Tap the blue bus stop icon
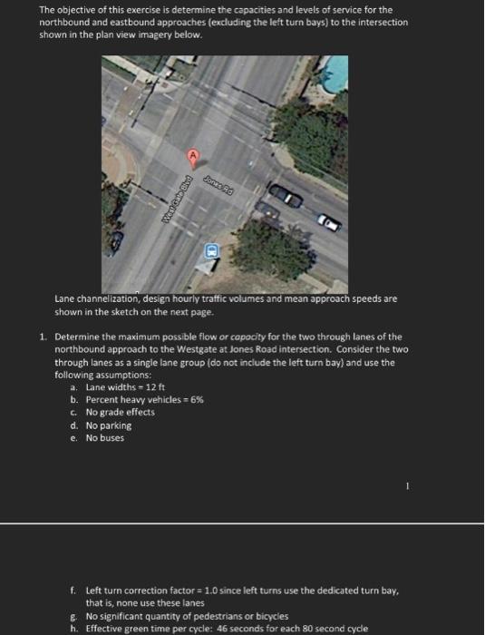(x=211, y=249)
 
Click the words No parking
(x=108, y=425)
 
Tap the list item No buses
(x=105, y=438)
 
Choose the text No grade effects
(x=120, y=412)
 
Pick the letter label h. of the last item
(x=74, y=627)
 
